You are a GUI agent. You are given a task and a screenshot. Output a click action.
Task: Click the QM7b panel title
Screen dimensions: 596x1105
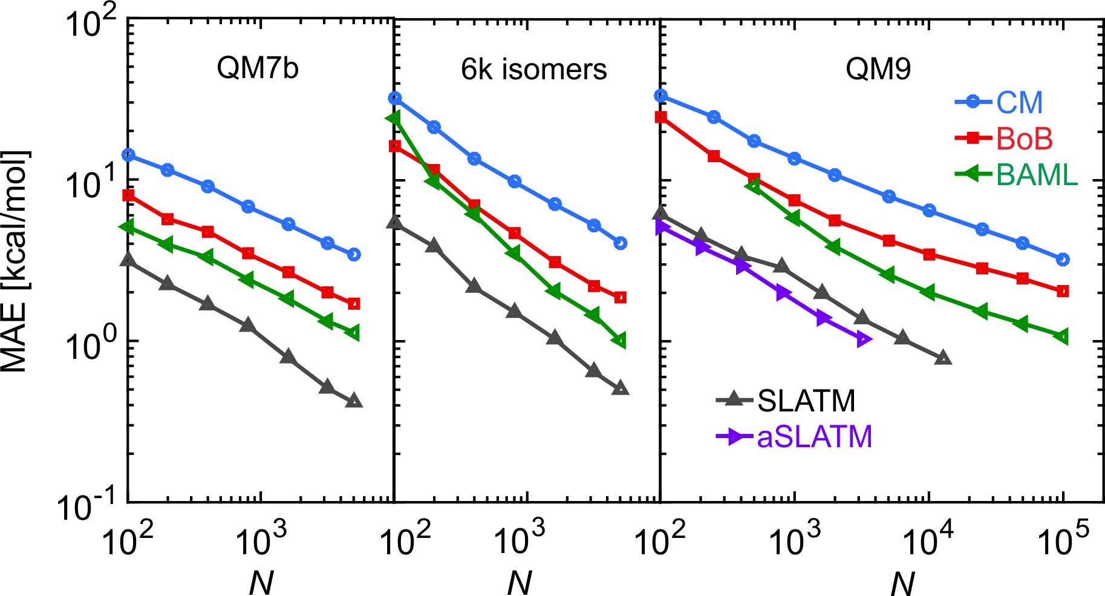tap(258, 68)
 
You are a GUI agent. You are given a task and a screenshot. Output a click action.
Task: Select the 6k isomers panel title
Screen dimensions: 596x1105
tap(533, 70)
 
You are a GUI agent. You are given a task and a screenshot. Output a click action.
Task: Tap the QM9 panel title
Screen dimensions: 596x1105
tap(878, 70)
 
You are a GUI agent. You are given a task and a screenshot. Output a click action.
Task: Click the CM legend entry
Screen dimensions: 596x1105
tap(1019, 102)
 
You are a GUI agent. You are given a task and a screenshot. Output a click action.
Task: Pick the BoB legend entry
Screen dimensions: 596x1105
tap(1024, 139)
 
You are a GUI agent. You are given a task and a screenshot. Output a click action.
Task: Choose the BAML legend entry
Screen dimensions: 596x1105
tap(1037, 175)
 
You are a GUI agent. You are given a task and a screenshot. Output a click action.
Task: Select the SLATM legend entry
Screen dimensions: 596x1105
tap(806, 401)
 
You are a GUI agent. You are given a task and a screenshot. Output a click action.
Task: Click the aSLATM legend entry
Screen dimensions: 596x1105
tap(814, 436)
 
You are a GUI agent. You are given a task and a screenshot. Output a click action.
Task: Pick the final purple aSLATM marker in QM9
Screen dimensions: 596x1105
tap(864, 340)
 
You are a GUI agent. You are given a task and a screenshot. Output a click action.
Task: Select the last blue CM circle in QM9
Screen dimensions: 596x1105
tap(1063, 260)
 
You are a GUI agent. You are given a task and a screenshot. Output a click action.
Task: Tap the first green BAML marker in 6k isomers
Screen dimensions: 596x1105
tap(394, 118)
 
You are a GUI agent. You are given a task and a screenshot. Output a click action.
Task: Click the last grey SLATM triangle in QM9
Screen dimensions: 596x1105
tap(942, 358)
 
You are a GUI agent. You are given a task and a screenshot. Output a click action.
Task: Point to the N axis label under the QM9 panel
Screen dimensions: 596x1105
tap(902, 584)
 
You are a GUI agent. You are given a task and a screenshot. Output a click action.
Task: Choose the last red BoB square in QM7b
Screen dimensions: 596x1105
tap(354, 303)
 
